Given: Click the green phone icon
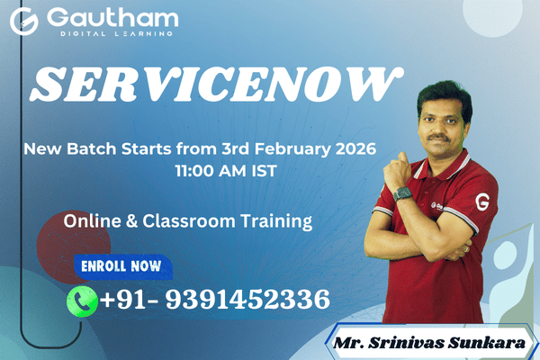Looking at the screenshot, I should click(x=82, y=300).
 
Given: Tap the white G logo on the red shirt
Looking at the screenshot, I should click(x=483, y=197).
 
